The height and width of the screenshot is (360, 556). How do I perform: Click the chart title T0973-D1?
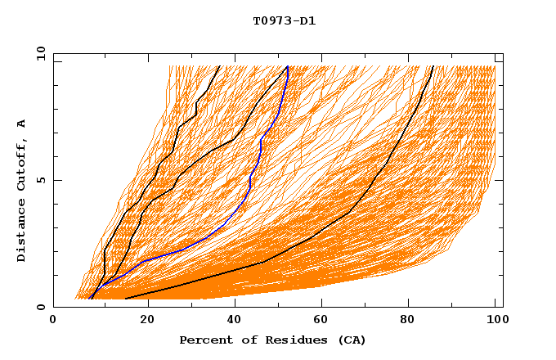[x=284, y=20]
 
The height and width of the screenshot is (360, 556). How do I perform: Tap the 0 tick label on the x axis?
[x=53, y=321]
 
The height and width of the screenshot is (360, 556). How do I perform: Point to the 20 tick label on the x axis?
[x=142, y=321]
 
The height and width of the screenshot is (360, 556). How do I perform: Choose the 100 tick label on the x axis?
[x=495, y=321]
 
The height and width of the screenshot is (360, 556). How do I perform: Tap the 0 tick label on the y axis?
[x=41, y=308]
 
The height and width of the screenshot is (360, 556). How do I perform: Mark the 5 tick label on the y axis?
[x=41, y=180]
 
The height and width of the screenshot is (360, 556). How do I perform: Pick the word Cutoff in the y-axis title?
[x=21, y=163]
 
